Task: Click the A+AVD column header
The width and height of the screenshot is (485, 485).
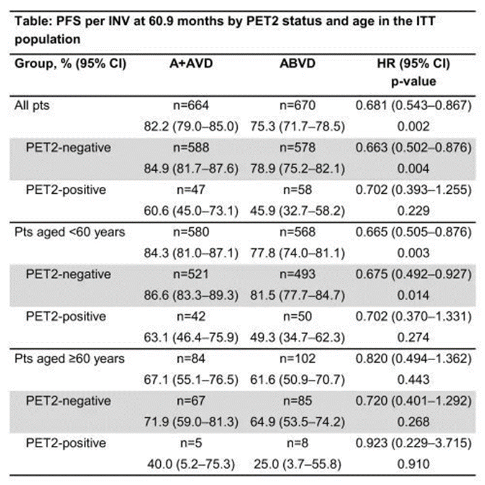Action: pyautogui.click(x=191, y=63)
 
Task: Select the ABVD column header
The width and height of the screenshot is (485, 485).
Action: pyautogui.click(x=297, y=63)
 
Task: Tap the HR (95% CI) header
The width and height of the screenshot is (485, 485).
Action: pyautogui.click(x=413, y=64)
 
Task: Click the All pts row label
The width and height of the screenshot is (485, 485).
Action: pyautogui.click(x=32, y=106)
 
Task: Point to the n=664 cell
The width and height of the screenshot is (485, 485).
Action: pyautogui.click(x=191, y=106)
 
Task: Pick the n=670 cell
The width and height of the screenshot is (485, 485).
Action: pyautogui.click(x=297, y=106)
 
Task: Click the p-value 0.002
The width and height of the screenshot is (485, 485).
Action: pyautogui.click(x=413, y=127)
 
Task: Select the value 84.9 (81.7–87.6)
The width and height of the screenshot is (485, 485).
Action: pyautogui.click(x=191, y=169)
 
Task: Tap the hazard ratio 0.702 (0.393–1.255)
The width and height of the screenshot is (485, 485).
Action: pyautogui.click(x=413, y=190)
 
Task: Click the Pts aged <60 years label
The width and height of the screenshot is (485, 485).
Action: pyautogui.click(x=70, y=232)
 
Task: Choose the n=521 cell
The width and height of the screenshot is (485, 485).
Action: pyautogui.click(x=191, y=274)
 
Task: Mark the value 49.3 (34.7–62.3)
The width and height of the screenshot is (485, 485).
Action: pyautogui.click(x=297, y=338)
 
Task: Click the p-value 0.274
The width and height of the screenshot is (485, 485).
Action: pyautogui.click(x=413, y=337)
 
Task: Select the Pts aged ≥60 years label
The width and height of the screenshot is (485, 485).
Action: pyautogui.click(x=70, y=359)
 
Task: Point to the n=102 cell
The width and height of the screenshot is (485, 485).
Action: pyautogui.click(x=297, y=359)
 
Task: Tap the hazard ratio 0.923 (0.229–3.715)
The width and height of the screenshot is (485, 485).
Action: pyautogui.click(x=413, y=443)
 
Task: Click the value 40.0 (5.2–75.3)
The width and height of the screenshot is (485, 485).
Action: pyautogui.click(x=191, y=465)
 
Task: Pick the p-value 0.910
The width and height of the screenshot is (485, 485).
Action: pyautogui.click(x=413, y=465)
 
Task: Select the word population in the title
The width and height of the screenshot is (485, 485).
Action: pyautogui.click(x=47, y=40)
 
